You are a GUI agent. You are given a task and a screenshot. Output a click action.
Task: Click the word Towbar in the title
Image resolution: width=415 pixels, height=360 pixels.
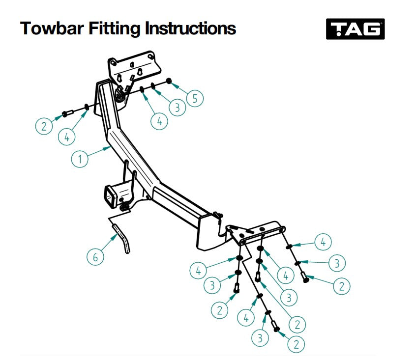tap(52, 28)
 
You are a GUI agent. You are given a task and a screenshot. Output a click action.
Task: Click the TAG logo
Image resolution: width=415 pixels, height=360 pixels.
tap(355, 29)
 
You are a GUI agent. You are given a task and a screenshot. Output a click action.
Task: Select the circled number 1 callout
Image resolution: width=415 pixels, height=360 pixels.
tap(80, 159)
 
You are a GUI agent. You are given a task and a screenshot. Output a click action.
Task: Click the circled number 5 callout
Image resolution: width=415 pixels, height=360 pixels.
tap(195, 98)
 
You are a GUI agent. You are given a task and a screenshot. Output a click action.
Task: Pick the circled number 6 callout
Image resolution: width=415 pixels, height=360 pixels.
tap(95, 257)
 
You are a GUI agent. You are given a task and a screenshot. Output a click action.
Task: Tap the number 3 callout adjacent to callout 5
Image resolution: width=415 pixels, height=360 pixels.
tap(178, 108)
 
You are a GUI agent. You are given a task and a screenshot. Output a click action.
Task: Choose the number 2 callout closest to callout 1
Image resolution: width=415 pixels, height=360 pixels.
tap(44, 126)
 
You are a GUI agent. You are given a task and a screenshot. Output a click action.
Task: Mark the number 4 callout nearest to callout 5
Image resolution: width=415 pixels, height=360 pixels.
tap(159, 121)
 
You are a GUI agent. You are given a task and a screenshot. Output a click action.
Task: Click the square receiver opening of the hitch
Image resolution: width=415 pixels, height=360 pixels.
tap(110, 197)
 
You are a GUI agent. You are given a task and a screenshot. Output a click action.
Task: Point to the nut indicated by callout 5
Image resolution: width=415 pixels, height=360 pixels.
tap(169, 81)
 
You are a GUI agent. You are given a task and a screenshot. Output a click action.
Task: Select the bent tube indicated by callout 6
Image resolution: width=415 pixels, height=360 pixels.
tap(122, 237)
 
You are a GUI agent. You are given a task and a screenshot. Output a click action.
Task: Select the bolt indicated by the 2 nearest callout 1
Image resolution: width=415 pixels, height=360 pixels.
tap(68, 114)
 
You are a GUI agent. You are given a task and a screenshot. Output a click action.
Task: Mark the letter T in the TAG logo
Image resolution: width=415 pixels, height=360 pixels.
tap(338, 28)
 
